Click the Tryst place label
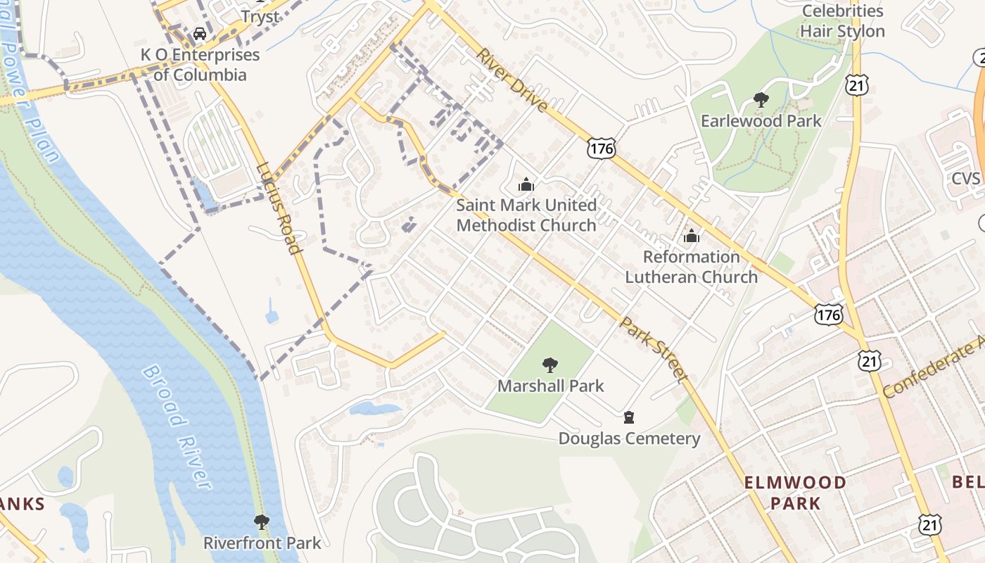(x=260, y=15)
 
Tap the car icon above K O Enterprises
(x=200, y=33)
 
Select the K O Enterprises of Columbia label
(x=200, y=65)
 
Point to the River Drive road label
(x=511, y=80)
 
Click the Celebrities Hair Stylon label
(x=842, y=21)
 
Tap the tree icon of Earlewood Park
(x=761, y=100)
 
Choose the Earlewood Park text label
(x=761, y=121)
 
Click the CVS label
(x=965, y=178)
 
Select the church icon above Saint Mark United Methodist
(x=526, y=185)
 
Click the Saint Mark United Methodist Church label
(x=526, y=215)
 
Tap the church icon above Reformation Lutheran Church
(x=692, y=236)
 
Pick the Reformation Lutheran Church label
(x=692, y=267)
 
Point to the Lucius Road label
(x=279, y=208)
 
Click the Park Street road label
(x=653, y=350)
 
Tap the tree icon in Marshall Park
(x=550, y=365)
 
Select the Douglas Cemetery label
(x=629, y=439)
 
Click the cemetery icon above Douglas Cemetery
(x=629, y=418)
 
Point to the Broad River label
(x=177, y=426)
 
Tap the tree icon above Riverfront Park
(x=262, y=522)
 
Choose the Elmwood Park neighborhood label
(x=795, y=493)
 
